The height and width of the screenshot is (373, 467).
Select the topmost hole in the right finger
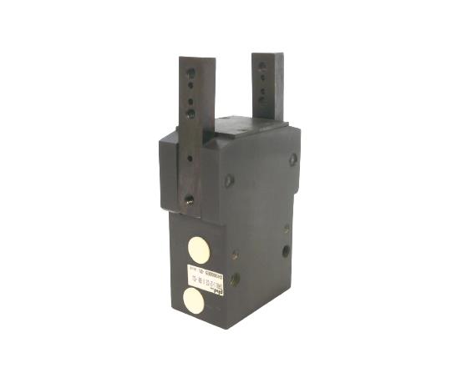pos(261,66)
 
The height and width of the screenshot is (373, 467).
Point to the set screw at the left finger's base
pos(190,199)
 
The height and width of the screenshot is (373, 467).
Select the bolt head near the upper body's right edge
pos(292,159)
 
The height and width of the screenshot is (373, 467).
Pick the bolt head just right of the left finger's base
pos(229,179)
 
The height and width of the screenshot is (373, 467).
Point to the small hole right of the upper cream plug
pos(235,255)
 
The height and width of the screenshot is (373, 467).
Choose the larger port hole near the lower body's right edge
pos(286,250)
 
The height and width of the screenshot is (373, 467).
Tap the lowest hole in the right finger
pos(261,100)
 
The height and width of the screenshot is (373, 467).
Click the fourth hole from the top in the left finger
pos(190,112)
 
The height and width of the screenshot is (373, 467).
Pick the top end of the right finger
pos(267,56)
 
